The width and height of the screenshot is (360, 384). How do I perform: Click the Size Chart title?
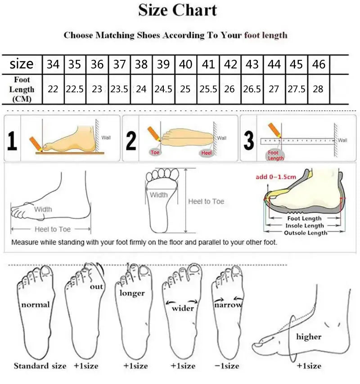click(178, 10)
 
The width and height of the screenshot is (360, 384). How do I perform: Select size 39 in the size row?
click(163, 64)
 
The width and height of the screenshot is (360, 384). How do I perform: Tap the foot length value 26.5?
click(252, 89)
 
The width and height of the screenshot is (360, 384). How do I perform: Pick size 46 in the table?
click(319, 64)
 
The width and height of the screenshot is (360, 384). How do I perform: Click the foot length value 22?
click(53, 89)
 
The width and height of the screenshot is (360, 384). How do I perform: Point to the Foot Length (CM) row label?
click(22, 89)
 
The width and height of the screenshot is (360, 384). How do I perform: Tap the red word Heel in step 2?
click(207, 153)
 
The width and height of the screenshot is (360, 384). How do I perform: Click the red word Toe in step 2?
click(155, 153)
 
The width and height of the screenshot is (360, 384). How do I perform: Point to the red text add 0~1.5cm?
click(276, 176)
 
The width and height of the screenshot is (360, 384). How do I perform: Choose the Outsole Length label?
click(306, 233)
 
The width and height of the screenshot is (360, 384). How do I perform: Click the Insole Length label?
click(305, 226)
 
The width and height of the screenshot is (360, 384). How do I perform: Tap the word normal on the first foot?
click(36, 305)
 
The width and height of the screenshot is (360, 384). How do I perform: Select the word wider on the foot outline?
click(183, 308)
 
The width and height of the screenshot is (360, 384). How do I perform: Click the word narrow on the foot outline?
click(228, 305)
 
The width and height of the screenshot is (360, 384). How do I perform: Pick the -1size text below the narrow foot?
click(227, 366)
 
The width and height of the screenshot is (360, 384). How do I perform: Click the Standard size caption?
click(40, 366)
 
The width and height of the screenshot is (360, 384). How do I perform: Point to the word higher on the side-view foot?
click(309, 336)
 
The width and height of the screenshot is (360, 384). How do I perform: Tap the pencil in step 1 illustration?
click(35, 144)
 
